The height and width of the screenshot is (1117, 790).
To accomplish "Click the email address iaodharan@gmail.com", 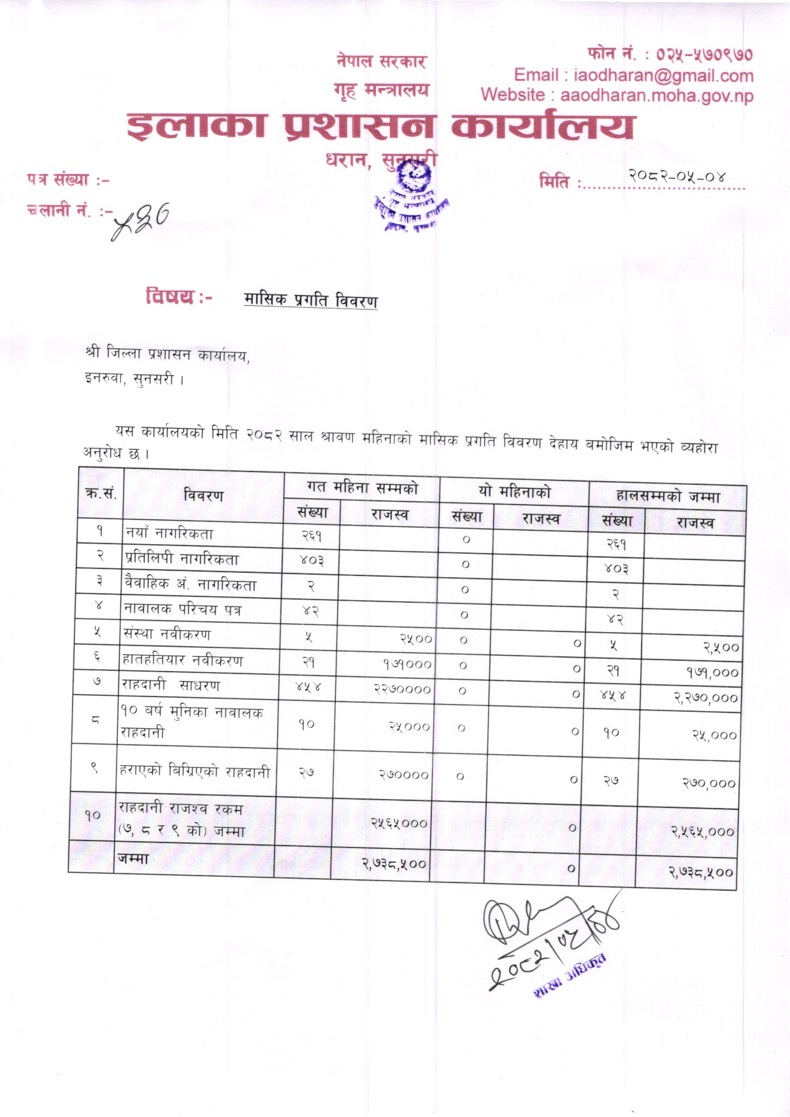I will tap(663, 76).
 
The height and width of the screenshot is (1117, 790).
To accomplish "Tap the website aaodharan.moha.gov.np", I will tap(656, 96).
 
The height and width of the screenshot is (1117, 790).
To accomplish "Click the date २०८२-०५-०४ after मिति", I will tap(677, 177).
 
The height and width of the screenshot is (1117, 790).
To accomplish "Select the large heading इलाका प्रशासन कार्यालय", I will tap(380, 126).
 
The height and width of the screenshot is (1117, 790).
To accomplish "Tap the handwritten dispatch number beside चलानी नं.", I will tap(141, 222).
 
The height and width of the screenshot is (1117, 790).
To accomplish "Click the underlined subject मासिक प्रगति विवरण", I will tap(310, 300).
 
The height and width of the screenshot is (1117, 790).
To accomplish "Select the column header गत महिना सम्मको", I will tap(362, 488).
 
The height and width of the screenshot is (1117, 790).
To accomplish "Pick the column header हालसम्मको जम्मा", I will tap(667, 496).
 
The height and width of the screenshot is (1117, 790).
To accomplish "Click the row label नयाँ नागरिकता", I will tap(169, 534).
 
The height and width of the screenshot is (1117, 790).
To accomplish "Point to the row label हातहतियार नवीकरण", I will tap(182, 660).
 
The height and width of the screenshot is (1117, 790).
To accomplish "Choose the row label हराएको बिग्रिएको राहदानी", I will tap(194, 771).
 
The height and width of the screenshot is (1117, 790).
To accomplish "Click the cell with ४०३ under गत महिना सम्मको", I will tap(312, 561).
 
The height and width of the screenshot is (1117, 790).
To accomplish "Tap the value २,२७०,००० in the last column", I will tap(706, 698).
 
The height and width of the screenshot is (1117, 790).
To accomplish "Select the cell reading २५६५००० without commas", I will tap(399, 823).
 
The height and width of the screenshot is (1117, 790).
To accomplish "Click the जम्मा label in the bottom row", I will tap(133, 858).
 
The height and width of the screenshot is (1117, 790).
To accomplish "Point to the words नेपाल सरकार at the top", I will tap(381, 62).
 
